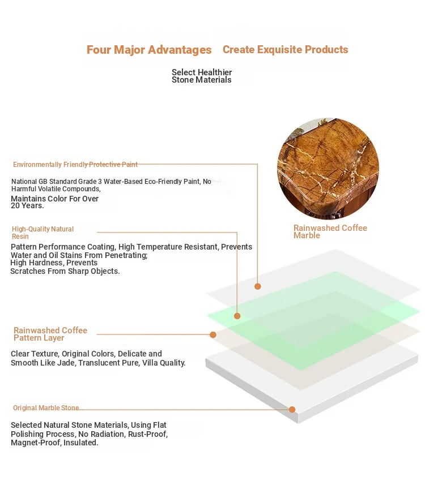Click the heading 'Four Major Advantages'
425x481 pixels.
[149, 50]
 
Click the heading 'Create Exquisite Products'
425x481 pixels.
[285, 49]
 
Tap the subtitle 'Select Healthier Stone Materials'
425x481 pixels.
[201, 76]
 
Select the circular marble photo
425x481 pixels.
[328, 169]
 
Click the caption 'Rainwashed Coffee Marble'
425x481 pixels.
[330, 231]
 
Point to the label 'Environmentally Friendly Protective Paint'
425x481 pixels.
[75, 165]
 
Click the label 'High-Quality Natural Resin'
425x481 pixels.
[42, 233]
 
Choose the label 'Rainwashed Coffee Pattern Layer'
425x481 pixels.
[50, 334]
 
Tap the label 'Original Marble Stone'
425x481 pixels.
[46, 407]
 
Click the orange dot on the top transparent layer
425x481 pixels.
[258, 286]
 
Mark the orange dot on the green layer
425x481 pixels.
[237, 316]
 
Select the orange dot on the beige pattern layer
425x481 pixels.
[213, 334]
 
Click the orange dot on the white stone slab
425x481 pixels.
[292, 410]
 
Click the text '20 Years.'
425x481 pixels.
[27, 205]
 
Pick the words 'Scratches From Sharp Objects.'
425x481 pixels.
[65, 271]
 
